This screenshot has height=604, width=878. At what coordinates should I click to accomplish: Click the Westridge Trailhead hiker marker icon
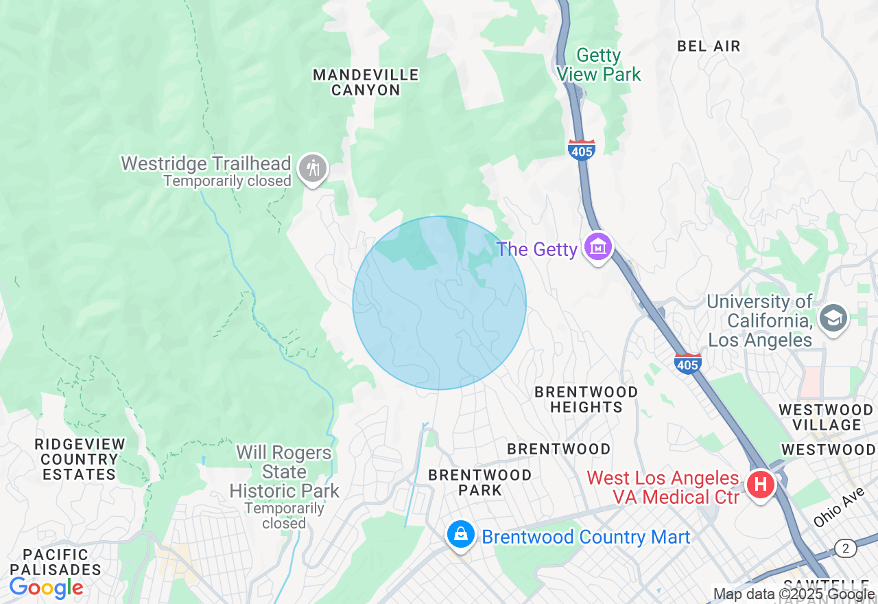tap(313, 167)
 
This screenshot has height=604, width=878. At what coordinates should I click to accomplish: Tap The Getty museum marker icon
tap(597, 246)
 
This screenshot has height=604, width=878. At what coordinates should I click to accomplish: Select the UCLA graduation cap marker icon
tap(833, 317)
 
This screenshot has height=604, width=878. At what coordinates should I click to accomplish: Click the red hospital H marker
tap(760, 485)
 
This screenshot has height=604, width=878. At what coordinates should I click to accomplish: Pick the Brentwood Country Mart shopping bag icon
tap(461, 534)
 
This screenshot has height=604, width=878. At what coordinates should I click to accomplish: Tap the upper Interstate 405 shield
tap(581, 150)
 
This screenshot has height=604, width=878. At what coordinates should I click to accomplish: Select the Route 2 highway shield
tap(846, 548)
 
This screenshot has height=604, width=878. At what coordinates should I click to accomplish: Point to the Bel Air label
tap(709, 46)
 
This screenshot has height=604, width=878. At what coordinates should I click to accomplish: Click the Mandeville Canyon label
tap(366, 82)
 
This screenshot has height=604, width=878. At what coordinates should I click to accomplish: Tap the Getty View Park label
tap(599, 65)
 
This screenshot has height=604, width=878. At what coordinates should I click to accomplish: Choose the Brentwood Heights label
tap(586, 399)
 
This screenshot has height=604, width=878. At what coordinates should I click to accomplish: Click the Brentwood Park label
tap(479, 483)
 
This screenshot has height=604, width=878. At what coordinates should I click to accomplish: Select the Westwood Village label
tap(825, 417)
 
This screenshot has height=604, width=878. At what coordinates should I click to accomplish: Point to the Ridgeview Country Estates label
tap(80, 459)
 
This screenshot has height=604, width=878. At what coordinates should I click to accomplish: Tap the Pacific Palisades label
tap(56, 561)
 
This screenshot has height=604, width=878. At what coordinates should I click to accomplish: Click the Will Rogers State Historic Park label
tap(284, 472)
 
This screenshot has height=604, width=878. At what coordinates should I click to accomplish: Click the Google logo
tap(46, 588)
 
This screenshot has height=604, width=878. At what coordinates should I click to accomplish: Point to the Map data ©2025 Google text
tap(794, 594)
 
